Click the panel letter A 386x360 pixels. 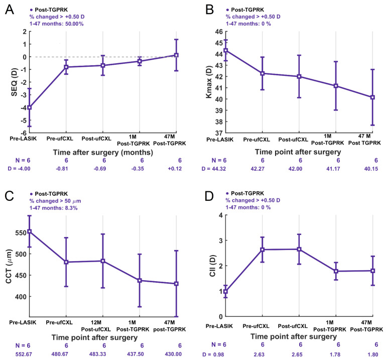coord(10,10)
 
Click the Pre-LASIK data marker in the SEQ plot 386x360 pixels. coord(30,107)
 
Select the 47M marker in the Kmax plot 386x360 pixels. coord(372,97)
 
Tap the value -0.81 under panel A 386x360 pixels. coord(62,169)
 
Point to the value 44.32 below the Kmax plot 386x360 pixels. coord(218,169)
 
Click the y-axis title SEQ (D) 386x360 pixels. coord(14,82)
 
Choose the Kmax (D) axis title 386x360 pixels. coord(209,82)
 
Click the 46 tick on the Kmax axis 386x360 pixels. coord(219,32)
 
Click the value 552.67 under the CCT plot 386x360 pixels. coord(24,354)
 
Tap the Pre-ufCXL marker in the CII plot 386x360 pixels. coord(263,250)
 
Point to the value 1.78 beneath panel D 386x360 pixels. coord(335,354)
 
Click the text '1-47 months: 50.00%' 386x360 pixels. coord(56,24)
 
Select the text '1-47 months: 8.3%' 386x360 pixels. coord(53,208)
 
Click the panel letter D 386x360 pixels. coord(210,196)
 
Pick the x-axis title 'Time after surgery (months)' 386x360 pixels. coord(103,153)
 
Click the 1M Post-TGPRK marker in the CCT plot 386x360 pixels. coord(140,280)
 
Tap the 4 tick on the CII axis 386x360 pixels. coord(220,215)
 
